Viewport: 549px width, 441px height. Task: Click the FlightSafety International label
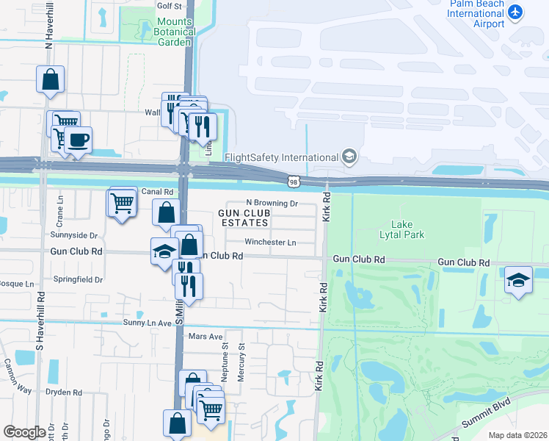point(280,157)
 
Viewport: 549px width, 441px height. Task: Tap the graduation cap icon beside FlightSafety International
point(349,157)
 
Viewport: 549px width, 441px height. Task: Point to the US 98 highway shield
point(292,180)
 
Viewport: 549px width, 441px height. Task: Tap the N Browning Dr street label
point(271,203)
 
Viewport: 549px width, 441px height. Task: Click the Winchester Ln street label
point(270,242)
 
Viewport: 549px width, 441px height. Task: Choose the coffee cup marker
point(78,140)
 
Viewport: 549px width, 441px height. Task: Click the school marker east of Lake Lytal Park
point(518,280)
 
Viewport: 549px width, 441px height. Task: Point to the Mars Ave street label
point(205,336)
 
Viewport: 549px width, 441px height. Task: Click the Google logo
point(24,432)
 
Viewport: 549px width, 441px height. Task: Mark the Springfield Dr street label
point(77,280)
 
